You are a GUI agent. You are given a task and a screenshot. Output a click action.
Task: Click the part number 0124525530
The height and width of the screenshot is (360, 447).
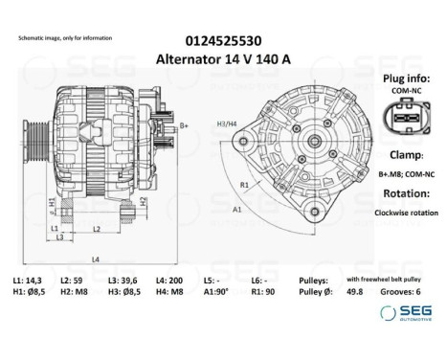224,41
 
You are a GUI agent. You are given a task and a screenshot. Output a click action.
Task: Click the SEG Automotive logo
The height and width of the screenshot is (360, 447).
407,313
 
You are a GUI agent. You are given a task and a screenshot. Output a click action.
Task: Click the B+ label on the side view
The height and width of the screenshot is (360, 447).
184,125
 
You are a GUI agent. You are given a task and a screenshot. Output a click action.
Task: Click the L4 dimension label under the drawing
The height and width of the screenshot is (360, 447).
93,259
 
